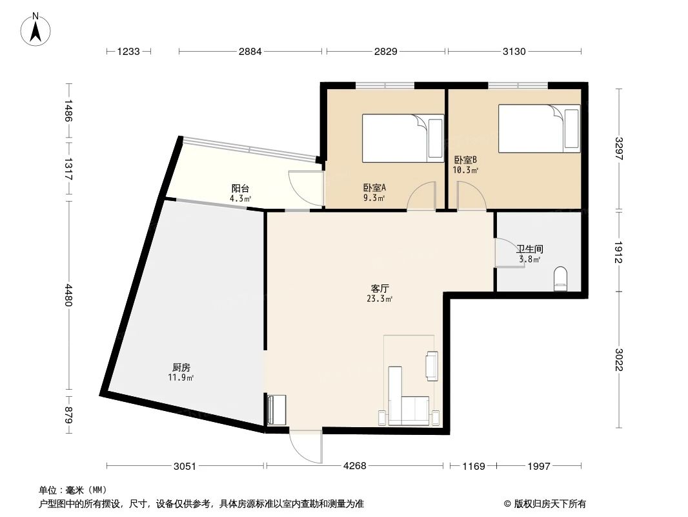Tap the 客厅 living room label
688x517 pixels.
pos(379,289)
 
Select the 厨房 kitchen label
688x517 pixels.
pos(181,367)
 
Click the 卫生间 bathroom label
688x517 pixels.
pos(529,249)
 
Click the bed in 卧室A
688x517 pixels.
pos(402,138)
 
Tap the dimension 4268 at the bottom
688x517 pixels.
pos(355,466)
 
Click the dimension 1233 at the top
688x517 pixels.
pos(129,52)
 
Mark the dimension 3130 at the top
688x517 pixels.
pos(514,52)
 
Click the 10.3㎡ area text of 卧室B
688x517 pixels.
pos(465,171)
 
